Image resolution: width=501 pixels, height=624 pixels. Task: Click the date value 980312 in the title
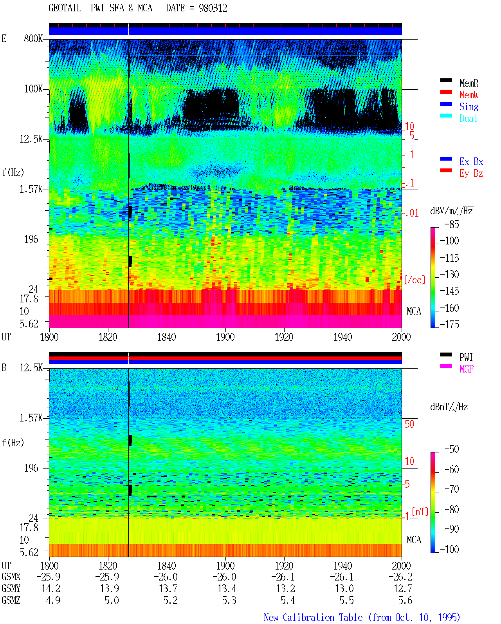point(213,8)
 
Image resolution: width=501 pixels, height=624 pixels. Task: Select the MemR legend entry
point(469,83)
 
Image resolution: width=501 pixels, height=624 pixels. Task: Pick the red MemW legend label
point(469,95)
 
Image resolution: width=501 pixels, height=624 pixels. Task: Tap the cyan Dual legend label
point(468,118)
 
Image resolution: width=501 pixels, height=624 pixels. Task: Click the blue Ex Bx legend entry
point(471,161)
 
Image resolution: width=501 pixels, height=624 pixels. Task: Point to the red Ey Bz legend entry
point(471,174)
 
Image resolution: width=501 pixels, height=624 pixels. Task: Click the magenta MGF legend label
point(466,369)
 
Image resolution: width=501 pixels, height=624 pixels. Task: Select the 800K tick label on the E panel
point(33,38)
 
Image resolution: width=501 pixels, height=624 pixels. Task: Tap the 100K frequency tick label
point(33,89)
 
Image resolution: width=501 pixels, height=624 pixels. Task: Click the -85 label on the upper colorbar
point(452,224)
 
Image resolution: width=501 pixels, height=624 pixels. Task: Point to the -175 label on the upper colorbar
point(449,324)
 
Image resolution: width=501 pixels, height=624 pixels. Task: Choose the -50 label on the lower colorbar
point(452,449)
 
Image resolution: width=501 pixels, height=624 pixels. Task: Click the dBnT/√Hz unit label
point(449,407)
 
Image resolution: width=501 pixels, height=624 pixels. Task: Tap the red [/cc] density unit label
point(414,280)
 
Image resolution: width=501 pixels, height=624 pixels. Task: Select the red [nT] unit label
point(420,512)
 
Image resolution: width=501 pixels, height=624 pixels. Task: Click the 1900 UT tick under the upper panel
point(225,337)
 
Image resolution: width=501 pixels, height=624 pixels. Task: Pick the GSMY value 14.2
point(51,589)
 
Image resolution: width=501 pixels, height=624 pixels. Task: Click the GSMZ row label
point(11,600)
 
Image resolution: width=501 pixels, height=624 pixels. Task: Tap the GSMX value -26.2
point(400,577)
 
